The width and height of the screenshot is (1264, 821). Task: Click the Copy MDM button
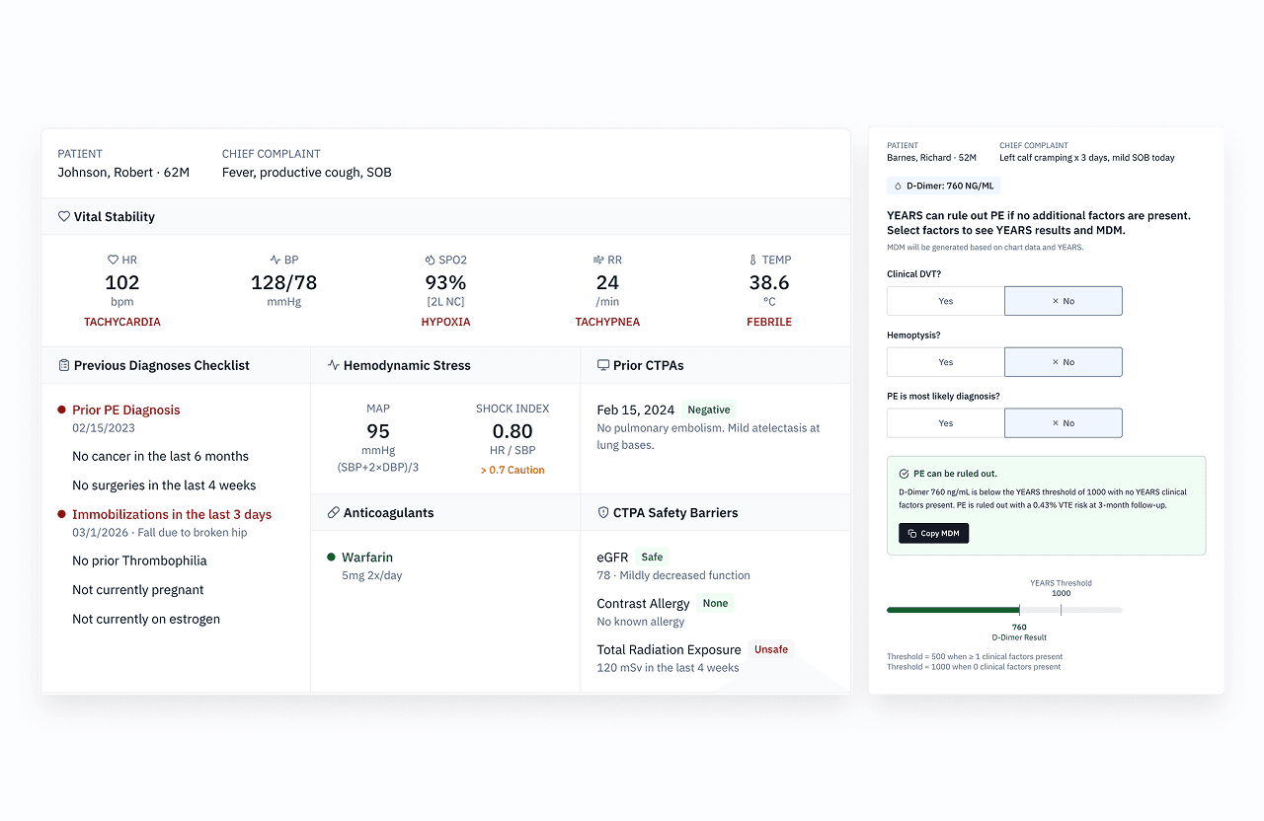[x=933, y=533]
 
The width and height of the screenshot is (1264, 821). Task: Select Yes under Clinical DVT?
[x=945, y=301]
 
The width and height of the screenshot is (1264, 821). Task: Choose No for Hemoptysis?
[x=1063, y=362]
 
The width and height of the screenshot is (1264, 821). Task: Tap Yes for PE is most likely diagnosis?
[x=945, y=423]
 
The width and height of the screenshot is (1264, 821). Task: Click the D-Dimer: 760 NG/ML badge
[x=943, y=186]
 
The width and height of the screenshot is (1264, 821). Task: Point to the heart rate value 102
[x=121, y=282]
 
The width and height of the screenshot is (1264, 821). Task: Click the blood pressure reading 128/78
[x=283, y=282]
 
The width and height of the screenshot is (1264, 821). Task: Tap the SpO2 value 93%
[x=445, y=282]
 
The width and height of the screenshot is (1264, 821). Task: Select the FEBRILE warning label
[x=769, y=322]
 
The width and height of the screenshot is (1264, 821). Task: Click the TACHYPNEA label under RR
[x=607, y=322]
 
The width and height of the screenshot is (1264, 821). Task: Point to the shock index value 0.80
[x=513, y=431]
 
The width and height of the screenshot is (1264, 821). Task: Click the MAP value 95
[x=378, y=431]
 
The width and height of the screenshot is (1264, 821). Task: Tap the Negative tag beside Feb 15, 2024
[x=708, y=410]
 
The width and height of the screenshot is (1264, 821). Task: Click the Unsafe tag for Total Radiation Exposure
[x=771, y=649]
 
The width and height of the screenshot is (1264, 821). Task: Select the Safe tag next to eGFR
[x=652, y=557]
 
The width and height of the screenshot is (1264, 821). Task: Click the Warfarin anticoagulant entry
[x=367, y=558]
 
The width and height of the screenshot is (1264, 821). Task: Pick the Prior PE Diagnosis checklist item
[x=126, y=410]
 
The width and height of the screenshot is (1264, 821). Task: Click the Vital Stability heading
[x=114, y=216]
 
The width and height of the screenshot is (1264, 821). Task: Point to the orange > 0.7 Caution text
[x=513, y=470]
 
